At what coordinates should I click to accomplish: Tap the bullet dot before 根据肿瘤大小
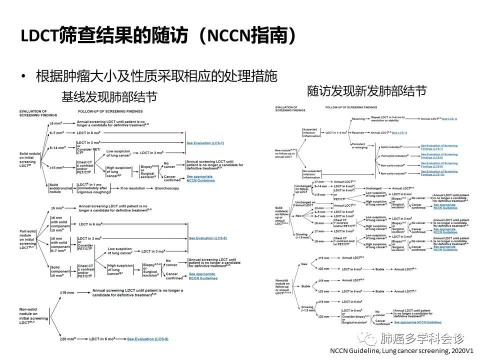point(23,77)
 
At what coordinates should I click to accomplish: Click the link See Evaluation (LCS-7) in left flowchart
point(205,143)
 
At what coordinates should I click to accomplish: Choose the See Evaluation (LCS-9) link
point(147,339)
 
